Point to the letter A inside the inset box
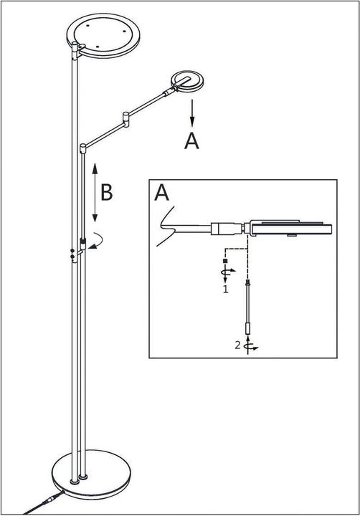(x=163, y=193)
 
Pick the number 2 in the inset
(x=238, y=345)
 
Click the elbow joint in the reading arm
(x=128, y=115)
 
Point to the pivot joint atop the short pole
(x=84, y=148)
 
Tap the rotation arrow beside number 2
(x=249, y=346)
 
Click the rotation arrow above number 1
(x=225, y=273)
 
